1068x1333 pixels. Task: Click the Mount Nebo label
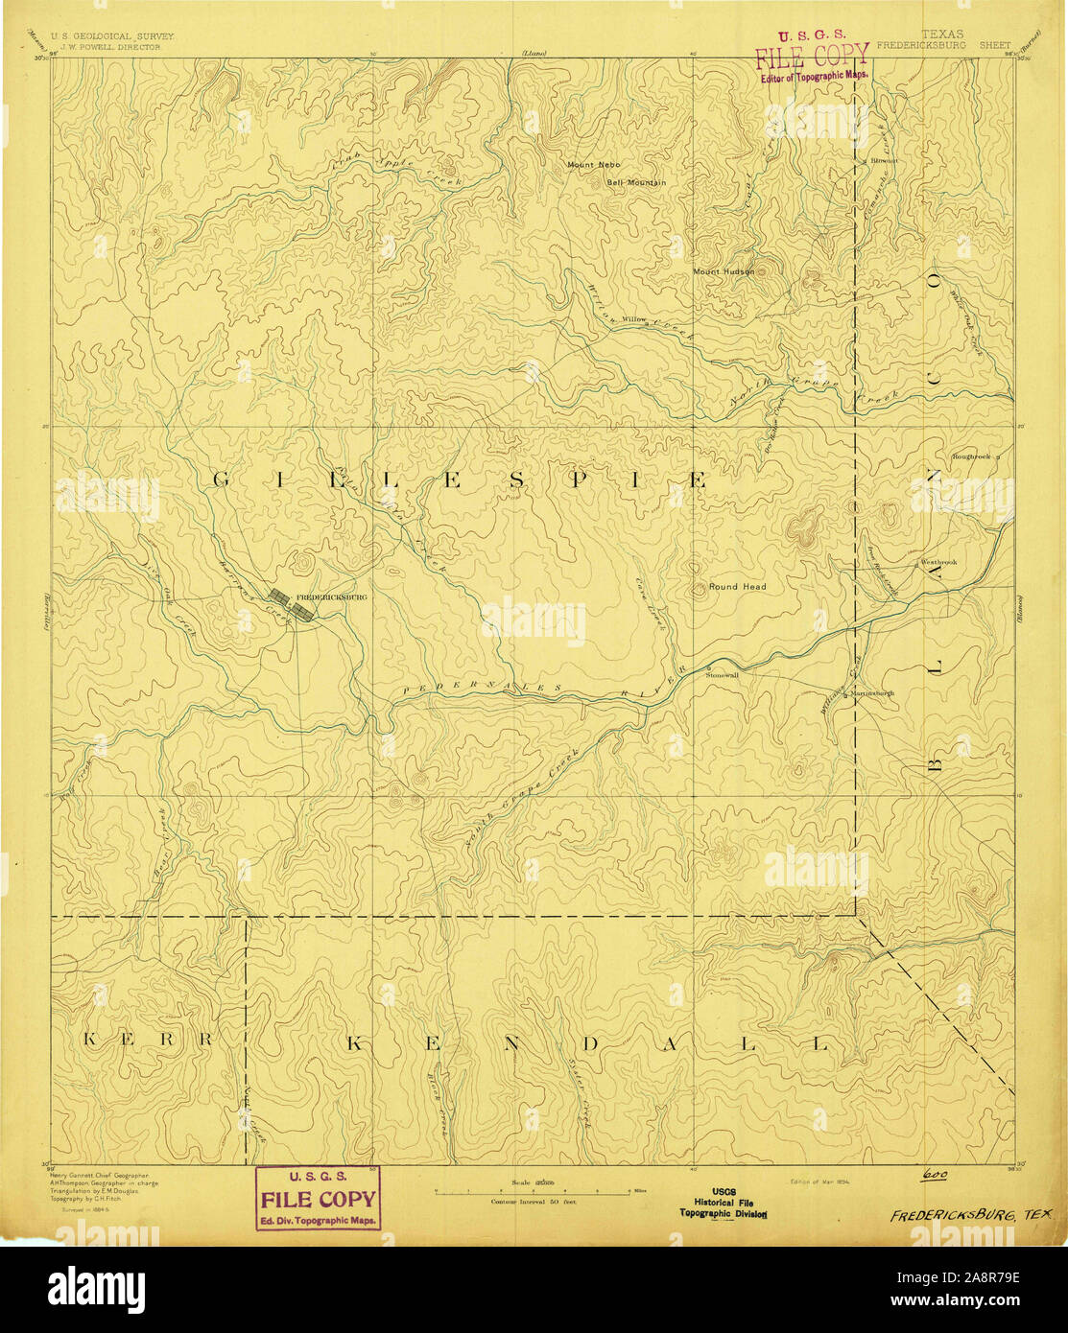[593, 165]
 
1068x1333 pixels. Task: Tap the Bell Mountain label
[635, 182]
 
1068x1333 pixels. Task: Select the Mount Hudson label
[724, 271]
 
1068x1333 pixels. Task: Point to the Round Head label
[737, 586]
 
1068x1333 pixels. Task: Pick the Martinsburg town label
[872, 693]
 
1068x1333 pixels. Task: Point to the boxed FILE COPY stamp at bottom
[318, 1198]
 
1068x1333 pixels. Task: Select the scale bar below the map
[534, 1190]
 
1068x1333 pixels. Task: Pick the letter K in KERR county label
[89, 1041]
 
